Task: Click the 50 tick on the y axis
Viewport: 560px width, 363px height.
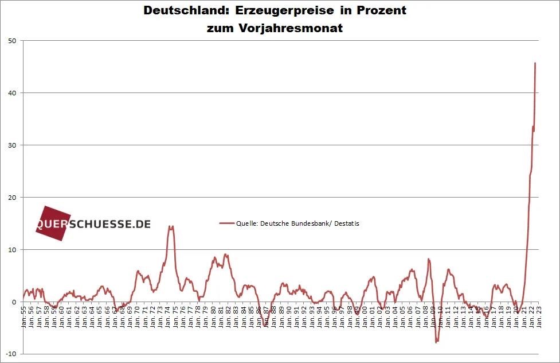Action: (x=11, y=41)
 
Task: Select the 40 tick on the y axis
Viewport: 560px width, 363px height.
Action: (x=11, y=93)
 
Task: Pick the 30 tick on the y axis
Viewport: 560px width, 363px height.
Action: (x=11, y=145)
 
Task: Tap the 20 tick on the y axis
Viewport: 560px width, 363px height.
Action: (x=11, y=198)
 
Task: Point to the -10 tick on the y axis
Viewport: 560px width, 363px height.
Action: (x=10, y=354)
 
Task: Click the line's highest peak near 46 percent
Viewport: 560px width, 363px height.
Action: (x=535, y=63)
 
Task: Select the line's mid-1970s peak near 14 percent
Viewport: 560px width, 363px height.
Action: (x=170, y=226)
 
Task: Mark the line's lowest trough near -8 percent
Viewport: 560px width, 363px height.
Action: (x=436, y=342)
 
